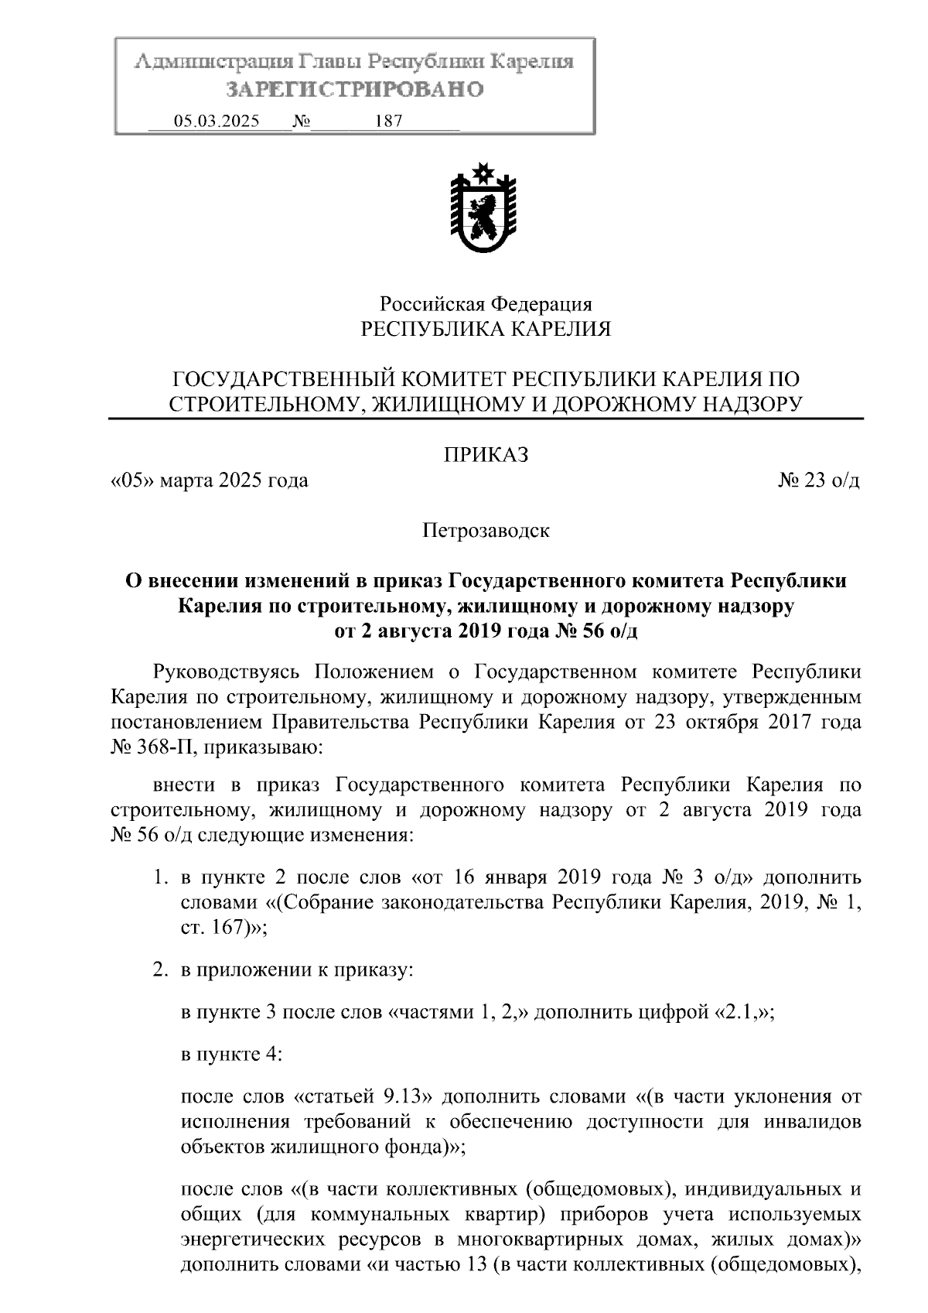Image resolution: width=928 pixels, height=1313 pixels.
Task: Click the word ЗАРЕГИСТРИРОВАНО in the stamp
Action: point(355,90)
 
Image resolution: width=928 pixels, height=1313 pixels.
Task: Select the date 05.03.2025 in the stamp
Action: point(217,121)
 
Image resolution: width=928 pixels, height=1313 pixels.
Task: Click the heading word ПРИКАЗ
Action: point(486,455)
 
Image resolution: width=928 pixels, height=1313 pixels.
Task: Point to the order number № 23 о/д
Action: point(818,480)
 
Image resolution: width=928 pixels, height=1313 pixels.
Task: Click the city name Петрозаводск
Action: point(486,531)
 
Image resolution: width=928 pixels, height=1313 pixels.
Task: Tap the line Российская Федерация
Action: point(486,304)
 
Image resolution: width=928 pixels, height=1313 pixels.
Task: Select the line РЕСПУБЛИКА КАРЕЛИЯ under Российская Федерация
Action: point(486,330)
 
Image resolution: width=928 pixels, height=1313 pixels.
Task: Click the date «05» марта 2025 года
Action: point(210,480)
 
